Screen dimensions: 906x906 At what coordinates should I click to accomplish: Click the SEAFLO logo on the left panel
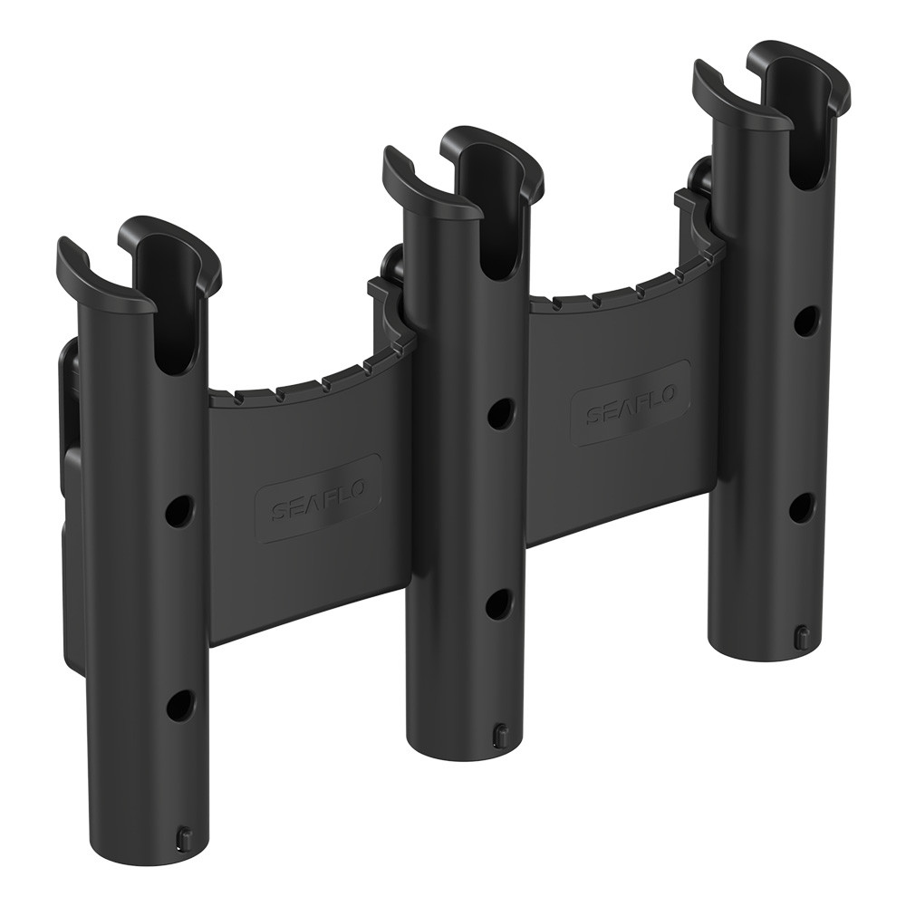[x=319, y=498]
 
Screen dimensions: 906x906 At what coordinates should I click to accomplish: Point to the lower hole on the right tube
[x=802, y=507]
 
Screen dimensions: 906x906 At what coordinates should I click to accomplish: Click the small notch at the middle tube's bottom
[x=500, y=729]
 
